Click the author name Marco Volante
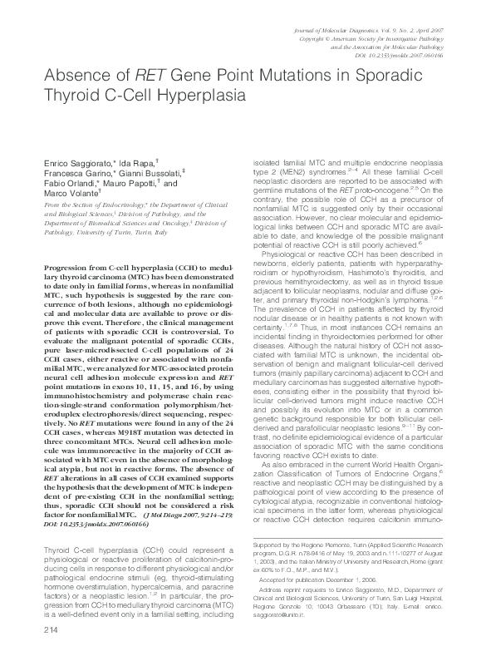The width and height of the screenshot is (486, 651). [x=66, y=194]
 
